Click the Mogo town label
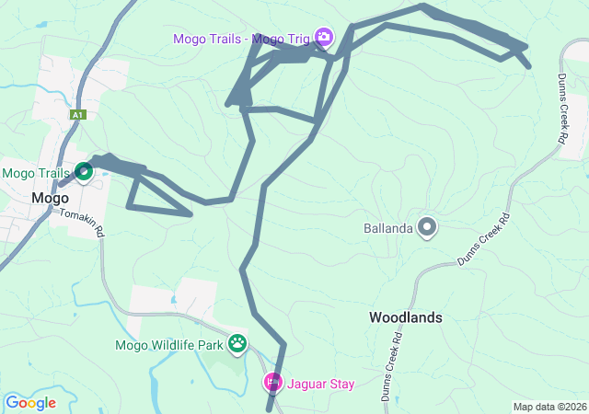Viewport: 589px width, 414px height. [51, 197]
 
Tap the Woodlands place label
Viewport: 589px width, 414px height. [406, 317]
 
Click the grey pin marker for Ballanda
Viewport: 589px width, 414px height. [427, 225]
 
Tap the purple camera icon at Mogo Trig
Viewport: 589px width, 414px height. [324, 38]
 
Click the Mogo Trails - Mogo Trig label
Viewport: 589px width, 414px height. [243, 39]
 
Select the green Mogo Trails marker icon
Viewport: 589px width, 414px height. [84, 171]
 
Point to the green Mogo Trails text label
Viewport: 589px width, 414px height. [36, 173]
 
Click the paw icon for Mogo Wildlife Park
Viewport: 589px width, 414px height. [238, 344]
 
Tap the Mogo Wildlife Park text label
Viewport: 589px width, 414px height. [169, 346]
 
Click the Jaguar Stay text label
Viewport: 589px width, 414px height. [319, 384]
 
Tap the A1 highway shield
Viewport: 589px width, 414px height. [78, 115]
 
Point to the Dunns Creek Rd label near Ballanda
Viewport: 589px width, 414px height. [485, 240]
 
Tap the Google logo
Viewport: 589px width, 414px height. [30, 402]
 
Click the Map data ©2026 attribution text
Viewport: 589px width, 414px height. [549, 407]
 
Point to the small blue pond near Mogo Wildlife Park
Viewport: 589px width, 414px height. [173, 300]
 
